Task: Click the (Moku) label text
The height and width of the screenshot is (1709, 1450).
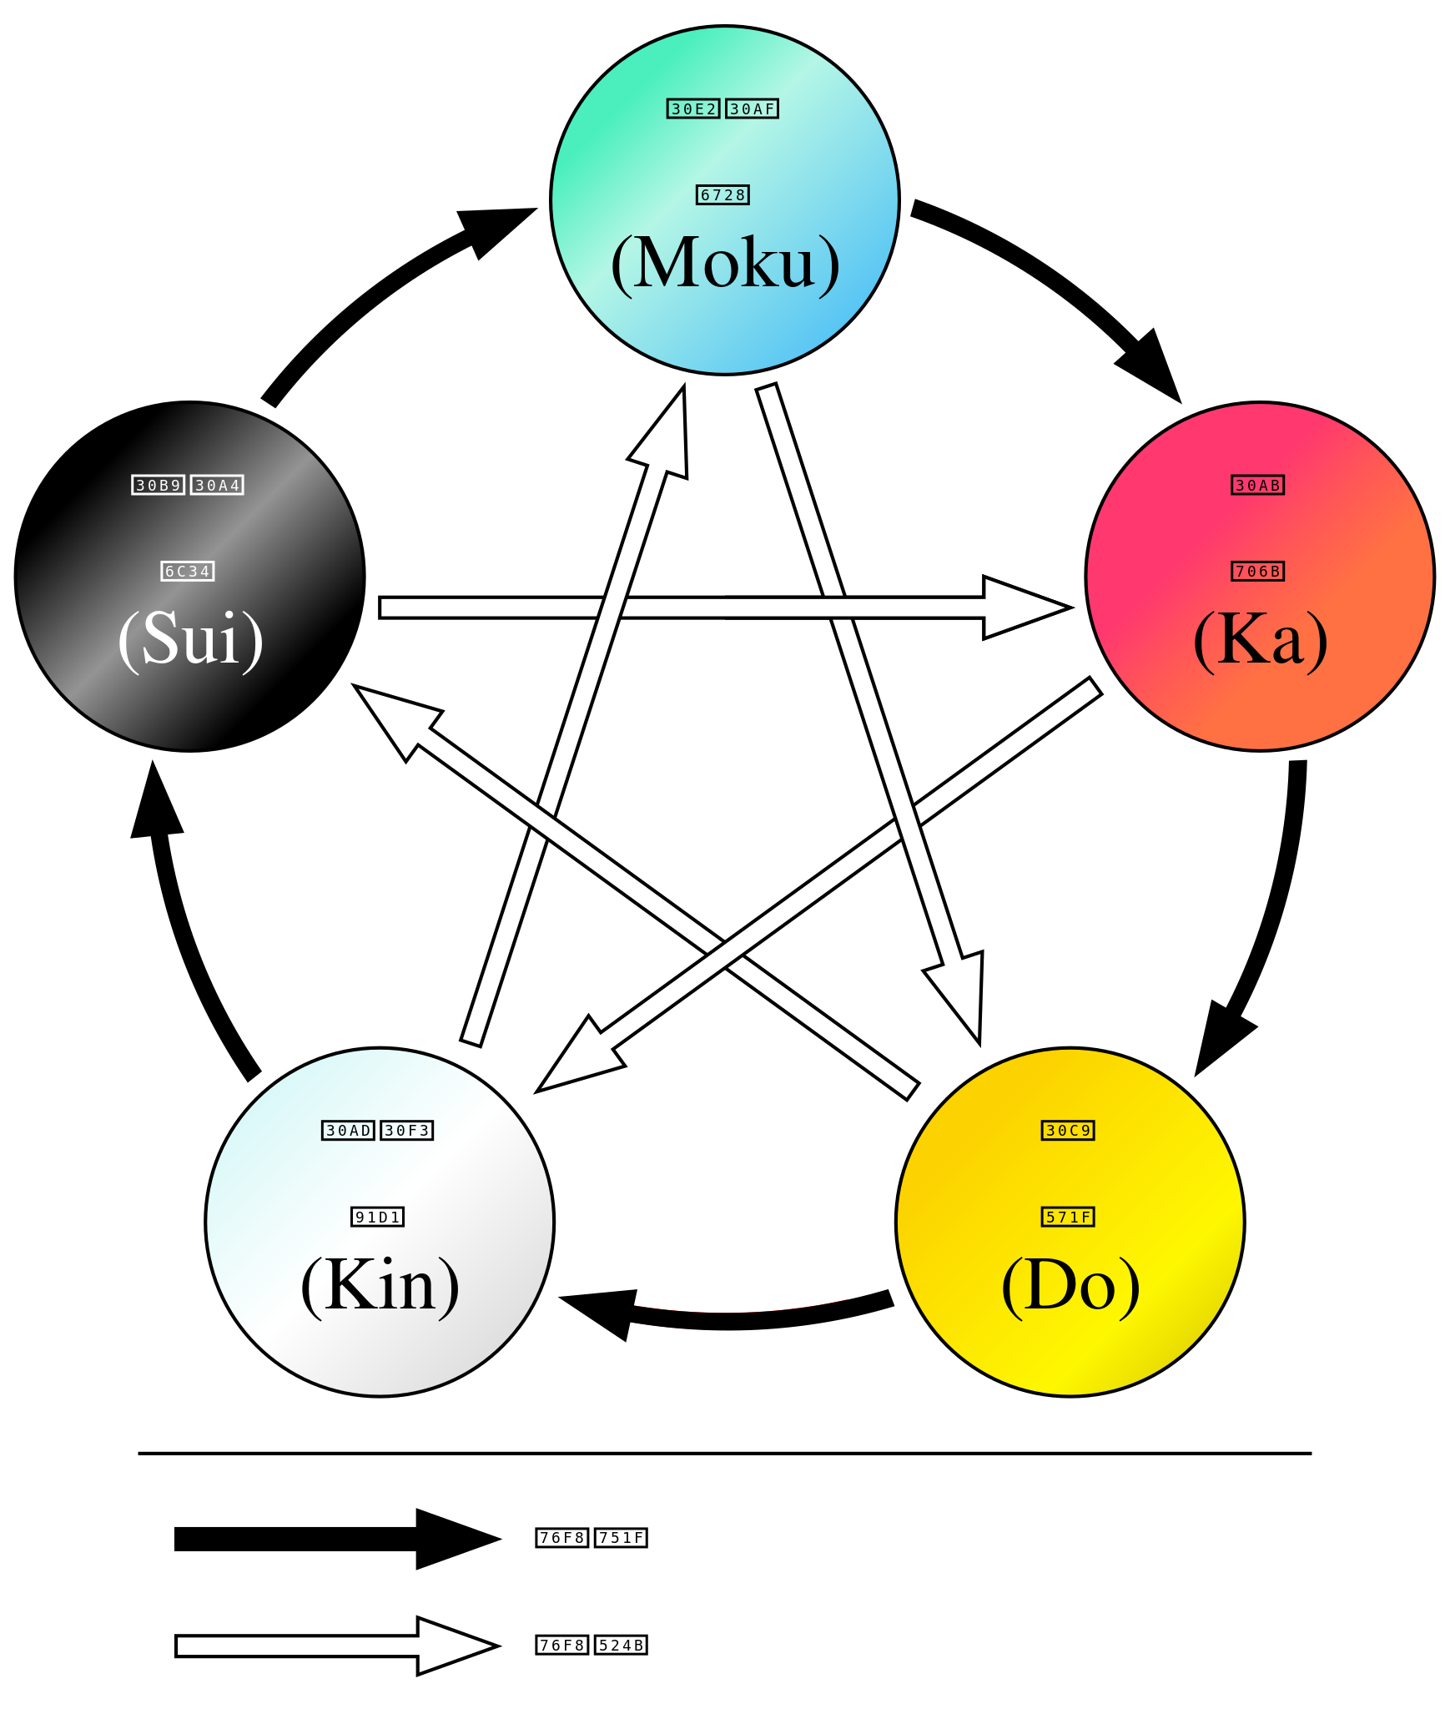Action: [x=725, y=264]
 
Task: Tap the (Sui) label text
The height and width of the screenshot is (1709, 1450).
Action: [x=190, y=639]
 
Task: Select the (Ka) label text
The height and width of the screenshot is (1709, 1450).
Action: [x=1260, y=639]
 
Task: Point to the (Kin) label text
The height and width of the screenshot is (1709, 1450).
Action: [x=380, y=1285]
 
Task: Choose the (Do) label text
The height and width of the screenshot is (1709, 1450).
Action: [x=1070, y=1285]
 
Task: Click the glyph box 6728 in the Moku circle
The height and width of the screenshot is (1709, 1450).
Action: [x=722, y=195]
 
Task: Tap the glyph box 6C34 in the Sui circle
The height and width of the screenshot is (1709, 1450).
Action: [x=188, y=572]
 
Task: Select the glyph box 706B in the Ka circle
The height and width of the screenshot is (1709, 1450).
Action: [x=1258, y=572]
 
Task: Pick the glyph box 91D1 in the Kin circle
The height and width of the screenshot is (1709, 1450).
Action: [x=377, y=1217]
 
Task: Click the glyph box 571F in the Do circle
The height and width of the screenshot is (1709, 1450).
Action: [x=1068, y=1217]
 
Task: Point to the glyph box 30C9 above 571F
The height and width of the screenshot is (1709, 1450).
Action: [x=1068, y=1131]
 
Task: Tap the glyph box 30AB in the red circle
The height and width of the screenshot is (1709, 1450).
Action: [x=1258, y=485]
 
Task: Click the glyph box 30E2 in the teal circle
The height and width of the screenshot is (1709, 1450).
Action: [x=693, y=108]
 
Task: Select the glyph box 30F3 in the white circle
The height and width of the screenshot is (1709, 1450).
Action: [x=407, y=1131]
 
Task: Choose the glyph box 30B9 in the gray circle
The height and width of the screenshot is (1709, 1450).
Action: [x=158, y=485]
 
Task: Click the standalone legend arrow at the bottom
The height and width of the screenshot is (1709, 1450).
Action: [x=334, y=1646]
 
